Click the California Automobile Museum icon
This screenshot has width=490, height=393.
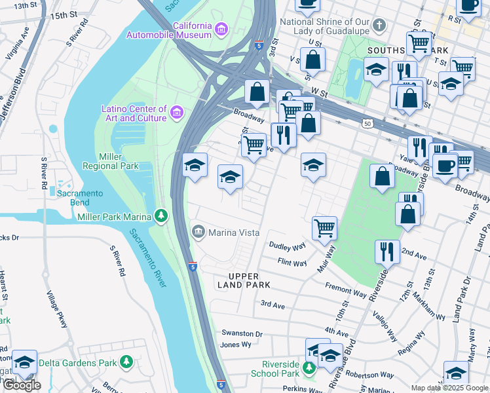pyautogui.click(x=221, y=29)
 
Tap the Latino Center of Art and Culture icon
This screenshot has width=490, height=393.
pyautogui.click(x=176, y=113)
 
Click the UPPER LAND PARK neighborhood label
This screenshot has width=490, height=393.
pyautogui.click(x=243, y=280)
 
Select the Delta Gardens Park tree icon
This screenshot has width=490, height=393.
pyautogui.click(x=126, y=362)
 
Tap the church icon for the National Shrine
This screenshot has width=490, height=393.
pyautogui.click(x=379, y=27)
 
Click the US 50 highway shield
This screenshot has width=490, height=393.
pyautogui.click(x=367, y=123)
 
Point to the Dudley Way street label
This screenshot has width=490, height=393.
pyautogui.click(x=288, y=247)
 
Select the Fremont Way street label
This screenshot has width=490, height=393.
pyautogui.click(x=347, y=290)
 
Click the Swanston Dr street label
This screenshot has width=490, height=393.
pyautogui.click(x=241, y=333)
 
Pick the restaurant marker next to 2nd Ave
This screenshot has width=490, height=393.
pyautogui.click(x=386, y=252)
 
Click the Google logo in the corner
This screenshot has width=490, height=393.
pyautogui.click(x=21, y=384)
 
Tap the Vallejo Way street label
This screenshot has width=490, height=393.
pyautogui.click(x=385, y=326)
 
